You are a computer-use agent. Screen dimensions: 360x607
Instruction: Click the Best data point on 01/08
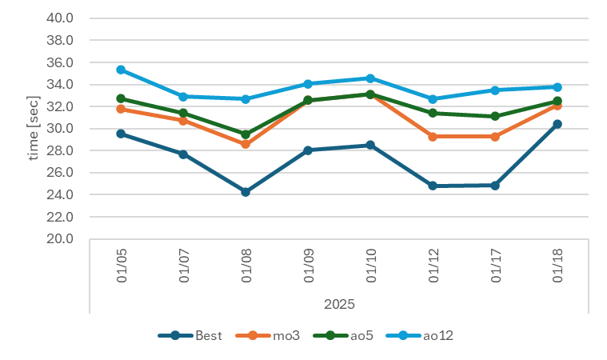pos(246,192)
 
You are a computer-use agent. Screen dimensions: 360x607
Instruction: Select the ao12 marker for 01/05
pos(121,70)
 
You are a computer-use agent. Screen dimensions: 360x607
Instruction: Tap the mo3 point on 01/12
pos(433,137)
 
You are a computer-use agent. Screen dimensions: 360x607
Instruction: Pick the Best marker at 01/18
pos(557,124)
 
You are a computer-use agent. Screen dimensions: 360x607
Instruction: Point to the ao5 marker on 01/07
pos(183,113)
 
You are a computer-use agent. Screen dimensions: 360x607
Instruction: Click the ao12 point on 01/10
pos(370,78)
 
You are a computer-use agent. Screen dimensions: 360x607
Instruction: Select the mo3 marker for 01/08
pos(246,144)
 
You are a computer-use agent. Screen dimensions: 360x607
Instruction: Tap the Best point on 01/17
pos(495,185)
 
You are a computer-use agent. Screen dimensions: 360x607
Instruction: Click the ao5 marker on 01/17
pos(495,116)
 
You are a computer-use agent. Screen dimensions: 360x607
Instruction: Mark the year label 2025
pos(339,304)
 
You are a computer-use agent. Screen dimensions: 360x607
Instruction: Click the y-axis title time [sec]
pos(34,128)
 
